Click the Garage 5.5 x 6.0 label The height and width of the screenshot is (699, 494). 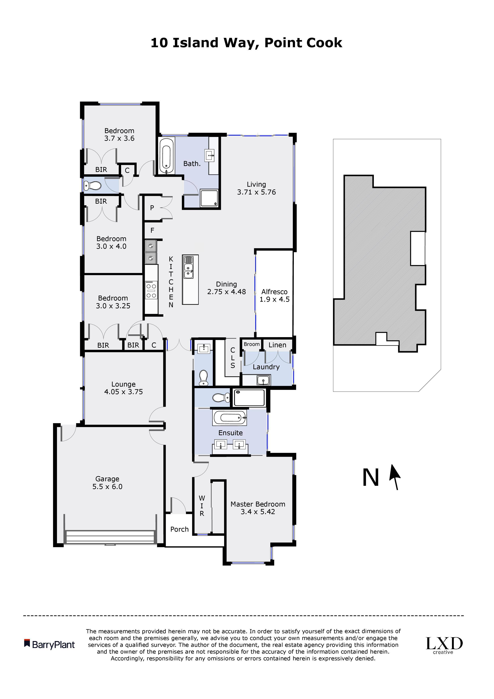[x=107, y=483]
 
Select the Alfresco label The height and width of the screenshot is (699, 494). [x=274, y=292]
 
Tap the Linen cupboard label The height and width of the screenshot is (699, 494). [x=277, y=345]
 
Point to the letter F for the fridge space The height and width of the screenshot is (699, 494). [x=152, y=231]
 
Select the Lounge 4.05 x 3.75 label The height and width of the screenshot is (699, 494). [x=123, y=388]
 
